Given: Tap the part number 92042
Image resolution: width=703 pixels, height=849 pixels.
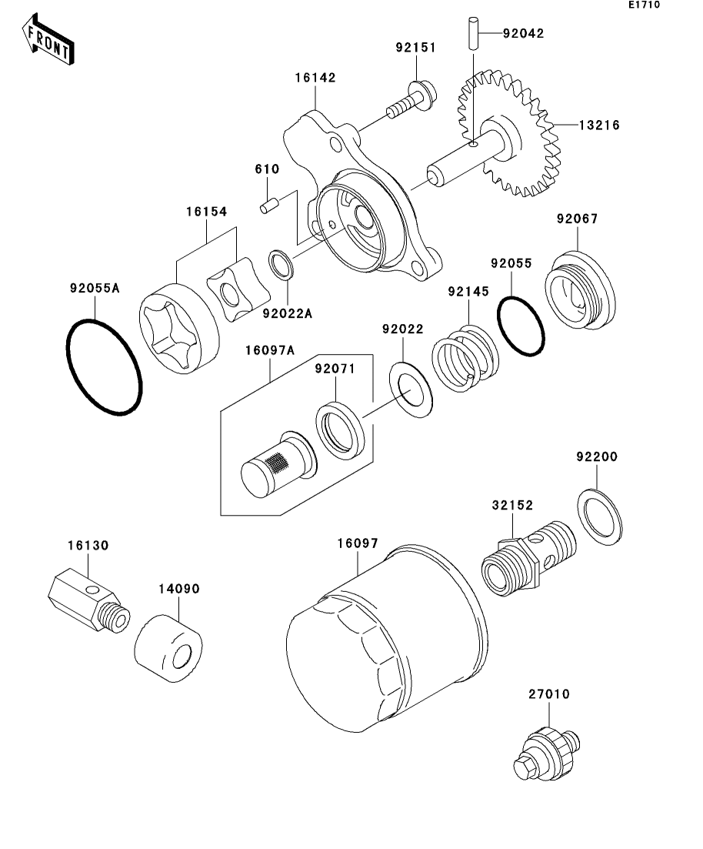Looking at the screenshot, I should (523, 33).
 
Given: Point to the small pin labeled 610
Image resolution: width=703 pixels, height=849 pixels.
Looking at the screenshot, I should (269, 206).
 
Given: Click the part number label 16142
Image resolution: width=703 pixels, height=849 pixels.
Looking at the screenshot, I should (315, 78).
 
